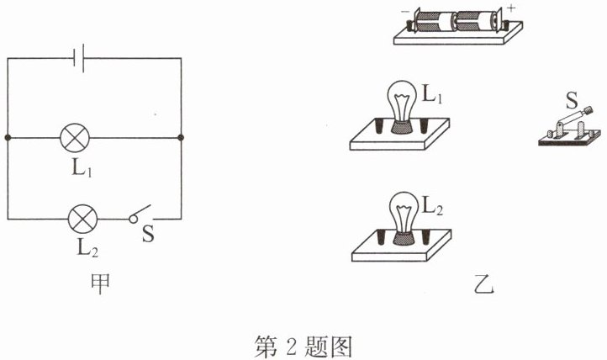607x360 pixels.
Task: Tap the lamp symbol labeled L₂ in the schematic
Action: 82,220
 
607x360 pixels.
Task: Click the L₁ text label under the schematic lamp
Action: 82,167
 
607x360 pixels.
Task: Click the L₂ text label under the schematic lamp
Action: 82,250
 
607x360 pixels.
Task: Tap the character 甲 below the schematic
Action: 99,285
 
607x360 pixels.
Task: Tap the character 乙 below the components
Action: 483,285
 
